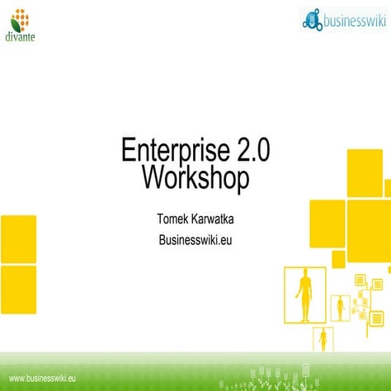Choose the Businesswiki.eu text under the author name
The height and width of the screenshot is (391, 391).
pyautogui.click(x=195, y=240)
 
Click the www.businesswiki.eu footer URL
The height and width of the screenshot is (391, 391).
pyautogui.click(x=42, y=379)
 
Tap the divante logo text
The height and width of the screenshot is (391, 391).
pyautogui.click(x=20, y=35)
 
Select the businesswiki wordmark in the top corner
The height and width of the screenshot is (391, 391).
pyautogui.click(x=351, y=20)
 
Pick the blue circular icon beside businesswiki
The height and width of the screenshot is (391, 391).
pyautogui.click(x=312, y=21)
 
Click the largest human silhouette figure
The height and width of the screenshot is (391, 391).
pyautogui.click(x=305, y=294)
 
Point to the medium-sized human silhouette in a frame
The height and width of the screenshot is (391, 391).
pyautogui.click(x=340, y=309)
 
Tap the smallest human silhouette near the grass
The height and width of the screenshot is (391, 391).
pyautogui.click(x=324, y=338)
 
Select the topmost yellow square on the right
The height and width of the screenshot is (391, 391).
pyautogui.click(x=364, y=173)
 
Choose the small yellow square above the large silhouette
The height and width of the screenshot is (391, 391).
pyautogui.click(x=338, y=259)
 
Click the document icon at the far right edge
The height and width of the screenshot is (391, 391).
pyautogui.click(x=377, y=318)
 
